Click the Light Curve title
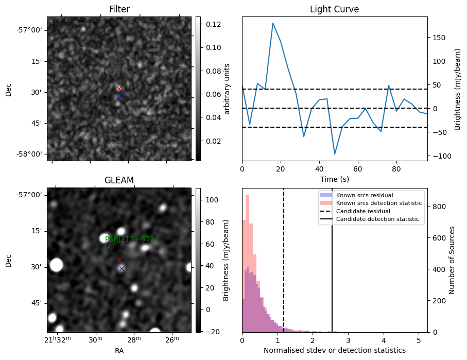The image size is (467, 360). pyautogui.click(x=334, y=9)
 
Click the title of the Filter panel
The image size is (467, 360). pyautogui.click(x=119, y=9)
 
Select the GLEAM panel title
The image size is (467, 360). pyautogui.click(x=119, y=180)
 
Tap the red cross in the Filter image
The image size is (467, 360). pyautogui.click(x=119, y=89)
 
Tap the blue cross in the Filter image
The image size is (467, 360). pyautogui.click(x=121, y=96)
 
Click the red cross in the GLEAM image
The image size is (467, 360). pyautogui.click(x=119, y=260)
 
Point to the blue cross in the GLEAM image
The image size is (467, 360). pyautogui.click(x=122, y=268)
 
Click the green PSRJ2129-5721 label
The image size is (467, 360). pyautogui.click(x=132, y=239)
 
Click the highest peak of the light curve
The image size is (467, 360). pyautogui.click(x=273, y=23)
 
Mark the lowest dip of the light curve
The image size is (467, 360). pyautogui.click(x=335, y=154)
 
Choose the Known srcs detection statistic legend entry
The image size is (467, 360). pyautogui.click(x=378, y=203)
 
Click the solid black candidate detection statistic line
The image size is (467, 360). pyautogui.click(x=332, y=268)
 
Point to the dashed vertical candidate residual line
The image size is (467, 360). pyautogui.click(x=284, y=268)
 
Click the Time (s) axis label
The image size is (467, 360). pyautogui.click(x=334, y=179)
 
